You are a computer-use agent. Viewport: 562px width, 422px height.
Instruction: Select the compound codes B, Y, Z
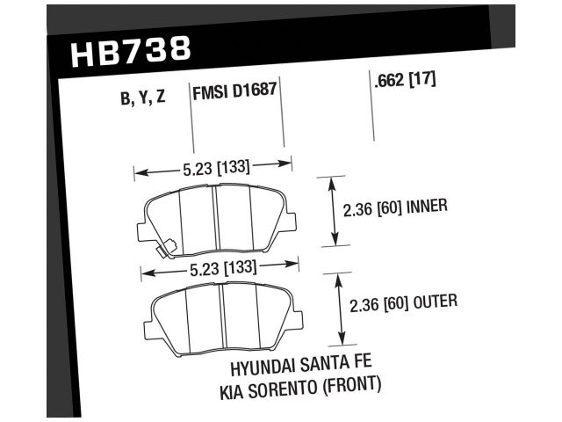[141, 98]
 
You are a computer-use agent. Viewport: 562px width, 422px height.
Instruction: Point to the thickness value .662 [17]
[405, 81]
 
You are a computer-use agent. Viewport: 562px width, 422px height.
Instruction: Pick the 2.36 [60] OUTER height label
[404, 305]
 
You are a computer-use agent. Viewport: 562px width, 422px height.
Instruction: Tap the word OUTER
[436, 305]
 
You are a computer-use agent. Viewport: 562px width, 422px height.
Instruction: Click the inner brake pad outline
[215, 219]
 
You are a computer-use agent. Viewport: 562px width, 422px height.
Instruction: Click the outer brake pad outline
[222, 316]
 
